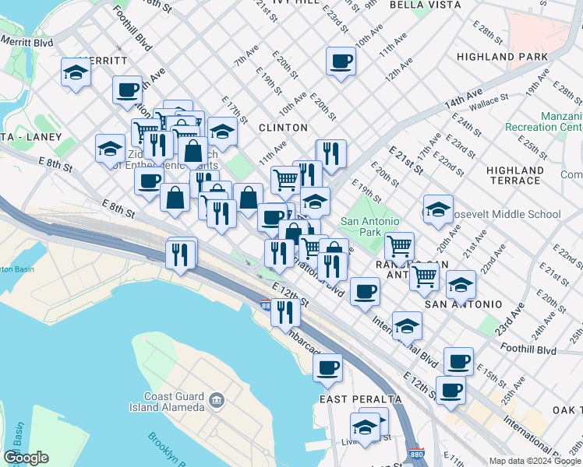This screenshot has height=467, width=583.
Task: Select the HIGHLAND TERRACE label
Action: coord(514,175)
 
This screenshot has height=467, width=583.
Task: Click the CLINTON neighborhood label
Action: coord(283,128)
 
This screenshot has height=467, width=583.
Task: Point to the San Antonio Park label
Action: coord(371,226)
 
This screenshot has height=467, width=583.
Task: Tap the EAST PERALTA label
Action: coord(361,399)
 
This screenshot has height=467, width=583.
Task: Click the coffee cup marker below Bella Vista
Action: coord(341,61)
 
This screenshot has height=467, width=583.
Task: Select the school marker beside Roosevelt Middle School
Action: coord(438,209)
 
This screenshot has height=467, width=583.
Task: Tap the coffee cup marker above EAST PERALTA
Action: coord(328,365)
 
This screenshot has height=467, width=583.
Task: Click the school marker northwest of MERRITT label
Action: coord(76,72)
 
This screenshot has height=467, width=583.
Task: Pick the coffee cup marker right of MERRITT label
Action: coord(126,89)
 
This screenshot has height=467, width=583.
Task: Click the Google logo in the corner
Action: coord(26,458)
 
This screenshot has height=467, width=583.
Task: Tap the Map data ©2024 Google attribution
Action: coord(535,461)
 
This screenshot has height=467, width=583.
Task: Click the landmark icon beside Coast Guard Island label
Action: coord(217,402)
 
